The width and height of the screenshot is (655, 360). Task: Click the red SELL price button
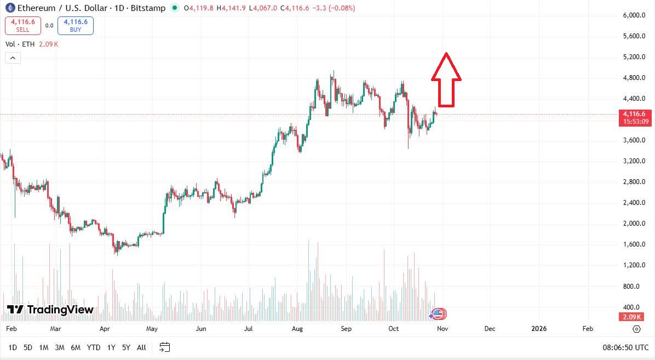[x=22, y=26]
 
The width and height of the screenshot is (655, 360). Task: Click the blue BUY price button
[x=76, y=26]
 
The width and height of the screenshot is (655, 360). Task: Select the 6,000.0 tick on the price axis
[x=634, y=15]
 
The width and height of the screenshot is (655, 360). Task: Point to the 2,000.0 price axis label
[x=634, y=224]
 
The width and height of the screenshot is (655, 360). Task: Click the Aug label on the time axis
[x=297, y=329]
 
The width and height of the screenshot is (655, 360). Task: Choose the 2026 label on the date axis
[x=539, y=329]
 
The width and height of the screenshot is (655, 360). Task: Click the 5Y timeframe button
[x=127, y=347]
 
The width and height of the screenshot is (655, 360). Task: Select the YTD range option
[x=94, y=347]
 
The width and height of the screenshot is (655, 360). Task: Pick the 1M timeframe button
[x=44, y=347]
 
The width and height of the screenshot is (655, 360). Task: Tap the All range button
[x=141, y=347]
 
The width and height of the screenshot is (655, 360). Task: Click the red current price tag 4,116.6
[x=634, y=113]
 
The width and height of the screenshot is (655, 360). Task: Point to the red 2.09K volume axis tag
[x=633, y=317]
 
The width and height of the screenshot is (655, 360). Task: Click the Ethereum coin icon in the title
[x=9, y=8]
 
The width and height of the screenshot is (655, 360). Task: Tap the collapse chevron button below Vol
[x=13, y=58]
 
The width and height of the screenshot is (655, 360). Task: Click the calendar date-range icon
[x=165, y=347]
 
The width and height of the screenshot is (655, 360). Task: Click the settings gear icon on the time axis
[x=636, y=329]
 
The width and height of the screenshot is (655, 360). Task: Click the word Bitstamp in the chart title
[x=148, y=8]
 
